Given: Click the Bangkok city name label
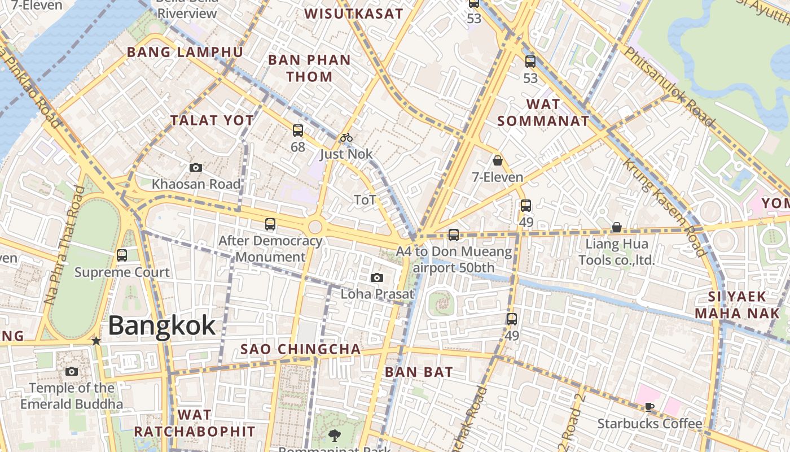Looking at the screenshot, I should click(161, 326).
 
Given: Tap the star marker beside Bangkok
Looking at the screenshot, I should click(96, 341).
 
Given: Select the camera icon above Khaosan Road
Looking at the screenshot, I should click(196, 167).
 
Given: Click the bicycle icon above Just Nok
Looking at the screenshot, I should click(346, 137).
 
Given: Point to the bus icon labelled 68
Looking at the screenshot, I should click(298, 131).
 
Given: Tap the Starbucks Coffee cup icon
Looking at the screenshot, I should click(649, 407).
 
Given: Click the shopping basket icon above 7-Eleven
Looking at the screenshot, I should click(498, 160).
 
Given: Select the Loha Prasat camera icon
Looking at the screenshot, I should click(377, 277).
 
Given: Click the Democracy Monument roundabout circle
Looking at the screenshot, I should click(315, 227).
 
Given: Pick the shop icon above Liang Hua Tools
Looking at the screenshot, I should click(617, 227).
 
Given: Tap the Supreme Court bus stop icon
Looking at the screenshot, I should click(122, 255).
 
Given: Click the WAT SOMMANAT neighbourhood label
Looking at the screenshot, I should click(543, 112).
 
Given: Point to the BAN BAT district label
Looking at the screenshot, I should click(419, 372).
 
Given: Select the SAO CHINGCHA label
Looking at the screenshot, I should click(301, 349).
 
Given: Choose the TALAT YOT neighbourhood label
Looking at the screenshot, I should click(212, 120).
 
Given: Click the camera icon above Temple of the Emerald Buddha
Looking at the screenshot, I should click(72, 371).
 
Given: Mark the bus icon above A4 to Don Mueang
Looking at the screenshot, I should click(454, 234).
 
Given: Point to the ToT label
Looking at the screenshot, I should click(365, 200).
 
